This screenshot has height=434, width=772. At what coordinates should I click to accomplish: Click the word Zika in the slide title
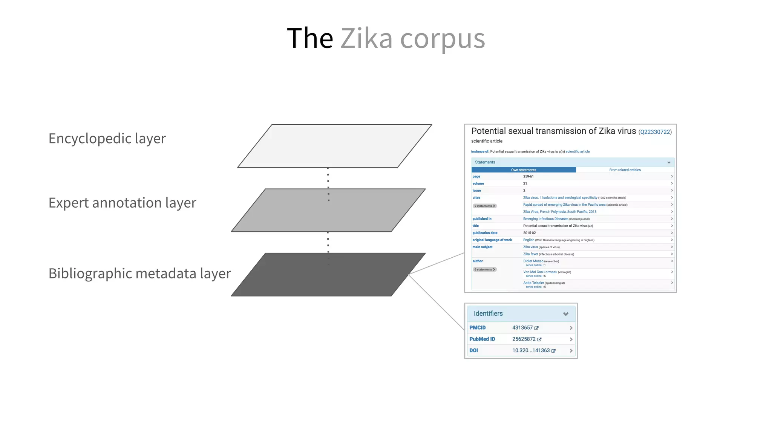(x=366, y=38)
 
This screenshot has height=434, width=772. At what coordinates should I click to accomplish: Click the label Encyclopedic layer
(x=107, y=139)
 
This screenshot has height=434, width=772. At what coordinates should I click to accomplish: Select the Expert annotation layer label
(x=122, y=203)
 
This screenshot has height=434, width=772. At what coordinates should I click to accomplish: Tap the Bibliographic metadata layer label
(x=139, y=274)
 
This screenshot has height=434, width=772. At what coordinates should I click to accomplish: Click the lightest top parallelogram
(x=335, y=146)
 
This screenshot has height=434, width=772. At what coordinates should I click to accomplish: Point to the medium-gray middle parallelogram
(x=328, y=210)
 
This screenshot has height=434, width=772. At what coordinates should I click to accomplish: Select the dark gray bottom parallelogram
(x=328, y=275)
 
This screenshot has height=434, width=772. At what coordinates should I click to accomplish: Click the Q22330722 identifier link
(x=655, y=132)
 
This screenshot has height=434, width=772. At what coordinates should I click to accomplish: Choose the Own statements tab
(x=523, y=170)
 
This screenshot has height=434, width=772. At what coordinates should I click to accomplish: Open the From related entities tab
(x=625, y=170)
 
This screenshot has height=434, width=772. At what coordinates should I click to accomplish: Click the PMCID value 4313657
(x=522, y=328)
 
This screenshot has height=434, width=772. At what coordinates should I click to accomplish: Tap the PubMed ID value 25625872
(x=524, y=339)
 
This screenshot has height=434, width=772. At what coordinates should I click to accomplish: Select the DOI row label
(x=473, y=350)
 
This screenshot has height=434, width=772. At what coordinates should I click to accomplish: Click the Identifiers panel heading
(x=488, y=313)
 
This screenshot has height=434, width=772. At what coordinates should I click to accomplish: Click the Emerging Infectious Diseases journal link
(x=545, y=219)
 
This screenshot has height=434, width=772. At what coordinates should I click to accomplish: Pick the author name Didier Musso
(x=533, y=261)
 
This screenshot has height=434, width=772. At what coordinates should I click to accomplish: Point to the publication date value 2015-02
(x=529, y=233)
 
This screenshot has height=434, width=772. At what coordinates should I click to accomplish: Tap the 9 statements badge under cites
(x=484, y=206)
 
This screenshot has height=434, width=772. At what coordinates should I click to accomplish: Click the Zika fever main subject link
(x=530, y=254)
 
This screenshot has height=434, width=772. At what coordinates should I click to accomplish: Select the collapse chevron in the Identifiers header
(x=565, y=314)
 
